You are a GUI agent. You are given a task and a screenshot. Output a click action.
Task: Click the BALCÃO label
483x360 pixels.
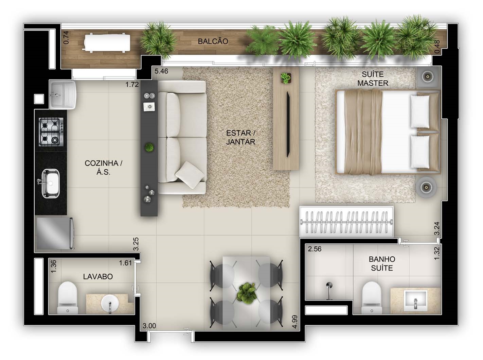(x=213, y=41)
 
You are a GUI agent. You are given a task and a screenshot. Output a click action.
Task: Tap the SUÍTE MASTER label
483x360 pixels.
(x=373, y=79)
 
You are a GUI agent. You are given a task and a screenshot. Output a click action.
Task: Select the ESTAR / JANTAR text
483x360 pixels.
(x=240, y=137)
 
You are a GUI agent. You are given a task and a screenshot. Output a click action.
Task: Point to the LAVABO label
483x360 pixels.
(x=98, y=276)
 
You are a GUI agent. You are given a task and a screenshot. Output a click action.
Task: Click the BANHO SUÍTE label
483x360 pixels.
(x=382, y=263)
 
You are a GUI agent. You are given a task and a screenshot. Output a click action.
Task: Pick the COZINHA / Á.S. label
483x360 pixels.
(x=104, y=167)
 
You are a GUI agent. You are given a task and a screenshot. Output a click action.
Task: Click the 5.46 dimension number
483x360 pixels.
(x=161, y=71)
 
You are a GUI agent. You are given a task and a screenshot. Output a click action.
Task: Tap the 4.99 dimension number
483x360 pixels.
(x=294, y=322)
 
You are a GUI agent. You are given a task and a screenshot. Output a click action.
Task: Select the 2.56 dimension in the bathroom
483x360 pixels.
(x=315, y=249)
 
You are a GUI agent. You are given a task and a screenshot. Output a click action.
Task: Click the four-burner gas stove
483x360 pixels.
(x=51, y=132)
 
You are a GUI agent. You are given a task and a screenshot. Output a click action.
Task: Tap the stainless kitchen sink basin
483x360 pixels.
(x=51, y=183)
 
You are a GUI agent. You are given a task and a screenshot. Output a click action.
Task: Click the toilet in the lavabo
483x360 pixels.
(x=68, y=297)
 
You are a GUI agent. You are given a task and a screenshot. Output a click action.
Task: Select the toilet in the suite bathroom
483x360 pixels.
(x=372, y=297)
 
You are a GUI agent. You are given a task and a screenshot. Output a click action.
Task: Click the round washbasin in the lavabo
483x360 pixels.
(x=110, y=303)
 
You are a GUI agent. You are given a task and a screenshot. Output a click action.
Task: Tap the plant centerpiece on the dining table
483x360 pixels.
(x=247, y=293)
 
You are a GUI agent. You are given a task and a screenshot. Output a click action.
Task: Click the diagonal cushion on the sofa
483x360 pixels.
(x=190, y=175)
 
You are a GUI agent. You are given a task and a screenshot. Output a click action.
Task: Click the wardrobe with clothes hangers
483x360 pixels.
(x=346, y=222)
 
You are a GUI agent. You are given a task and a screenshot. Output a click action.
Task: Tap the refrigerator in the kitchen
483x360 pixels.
(x=55, y=233)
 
